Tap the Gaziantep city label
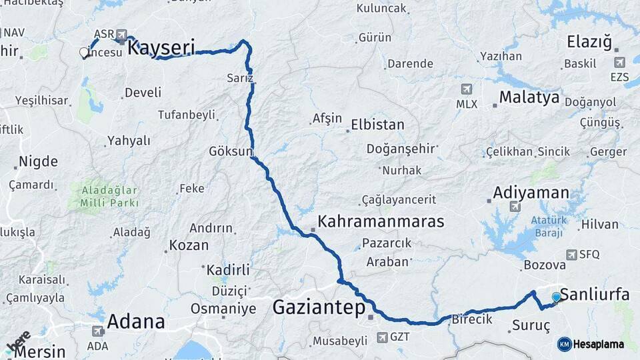pyautogui.click(x=319, y=307)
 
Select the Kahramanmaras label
pyautogui.click(x=381, y=221)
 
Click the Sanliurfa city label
pyautogui.click(x=595, y=294)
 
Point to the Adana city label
pyautogui.click(x=136, y=321)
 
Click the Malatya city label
pyautogui.click(x=529, y=97)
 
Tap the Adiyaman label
pyautogui.click(x=531, y=193)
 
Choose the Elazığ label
pyautogui.click(x=589, y=43)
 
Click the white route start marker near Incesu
pyautogui.click(x=84, y=52)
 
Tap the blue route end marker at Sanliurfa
pyautogui.click(x=556, y=297)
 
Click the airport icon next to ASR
pyautogui.click(x=121, y=34)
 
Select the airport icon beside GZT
pyautogui.click(x=382, y=337)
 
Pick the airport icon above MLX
pyautogui.click(x=466, y=89)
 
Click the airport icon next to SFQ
pyautogui.click(x=571, y=255)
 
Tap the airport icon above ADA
pyautogui.click(x=97, y=331)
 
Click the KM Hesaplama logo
pyautogui.click(x=591, y=344)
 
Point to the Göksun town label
pyautogui.click(x=231, y=150)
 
